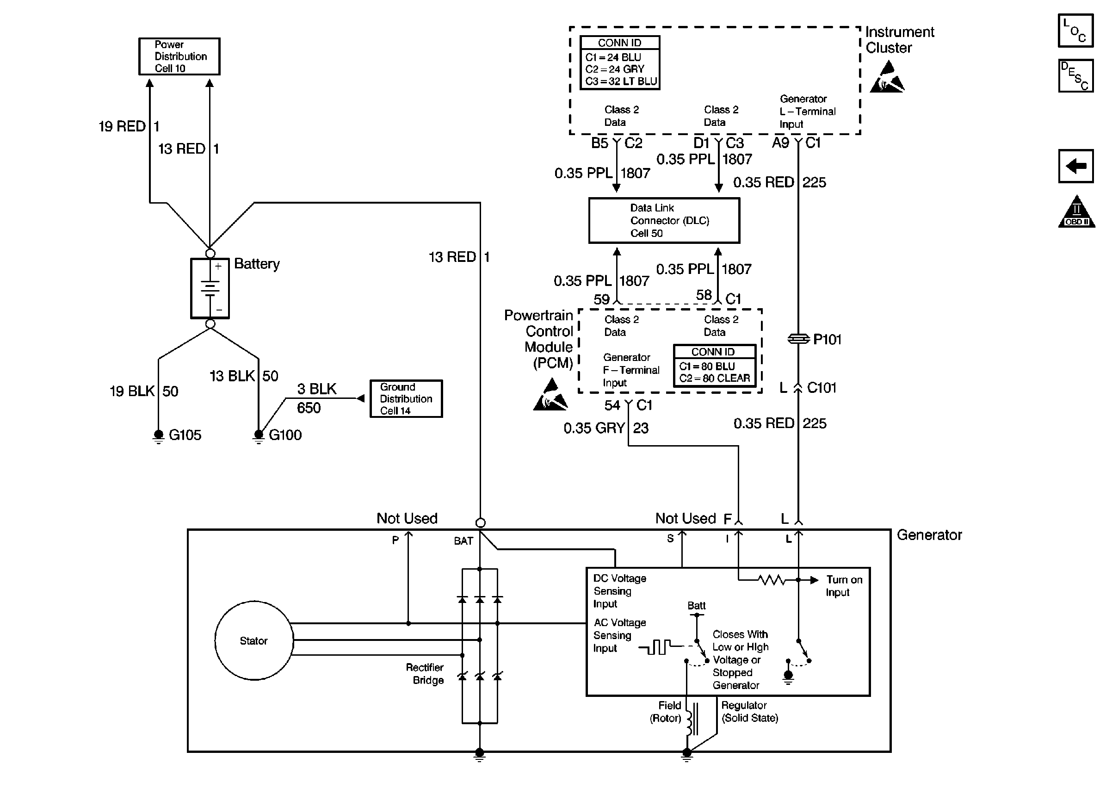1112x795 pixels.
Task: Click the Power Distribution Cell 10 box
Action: [179, 56]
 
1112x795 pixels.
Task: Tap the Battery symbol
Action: [210, 288]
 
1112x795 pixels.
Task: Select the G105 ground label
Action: [185, 435]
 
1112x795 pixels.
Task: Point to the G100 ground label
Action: [285, 435]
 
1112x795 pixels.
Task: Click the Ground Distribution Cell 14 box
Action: [406, 398]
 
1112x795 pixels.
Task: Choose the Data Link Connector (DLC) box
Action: [664, 220]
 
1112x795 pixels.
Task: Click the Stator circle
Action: [254, 640]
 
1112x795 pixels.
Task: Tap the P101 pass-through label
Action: [827, 339]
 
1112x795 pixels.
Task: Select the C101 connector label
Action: [822, 388]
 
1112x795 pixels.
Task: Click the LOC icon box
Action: [1075, 31]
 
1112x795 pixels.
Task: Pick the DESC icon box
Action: [1075, 76]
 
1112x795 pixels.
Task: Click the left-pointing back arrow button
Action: [1075, 166]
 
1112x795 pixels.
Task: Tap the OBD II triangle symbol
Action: [1076, 212]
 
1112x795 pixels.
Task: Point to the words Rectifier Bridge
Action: [425, 674]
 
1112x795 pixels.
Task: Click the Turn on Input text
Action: [844, 585]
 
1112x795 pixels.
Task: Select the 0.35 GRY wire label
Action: [594, 428]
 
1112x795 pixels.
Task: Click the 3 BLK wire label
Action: [316, 389]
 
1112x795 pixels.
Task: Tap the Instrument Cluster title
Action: [899, 40]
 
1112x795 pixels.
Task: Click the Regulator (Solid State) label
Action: [749, 711]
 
